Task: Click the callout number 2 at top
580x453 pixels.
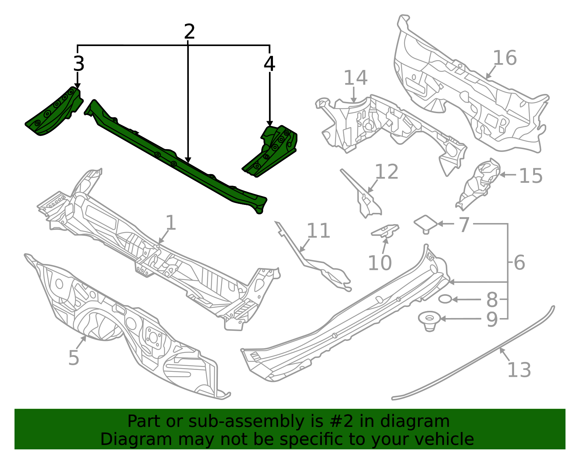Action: [x=189, y=32]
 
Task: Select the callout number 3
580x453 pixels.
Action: [x=79, y=64]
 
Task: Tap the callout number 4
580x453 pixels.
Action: [x=269, y=64]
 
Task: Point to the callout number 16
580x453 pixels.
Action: [x=505, y=58]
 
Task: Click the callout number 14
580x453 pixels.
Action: [x=355, y=78]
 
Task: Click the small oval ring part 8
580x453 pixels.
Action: [x=445, y=299]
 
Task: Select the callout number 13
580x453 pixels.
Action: [x=519, y=370]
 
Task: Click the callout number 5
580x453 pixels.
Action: [x=74, y=358]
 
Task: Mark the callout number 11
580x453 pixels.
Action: [x=318, y=231]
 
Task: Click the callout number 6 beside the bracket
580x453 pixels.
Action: [x=519, y=263]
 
